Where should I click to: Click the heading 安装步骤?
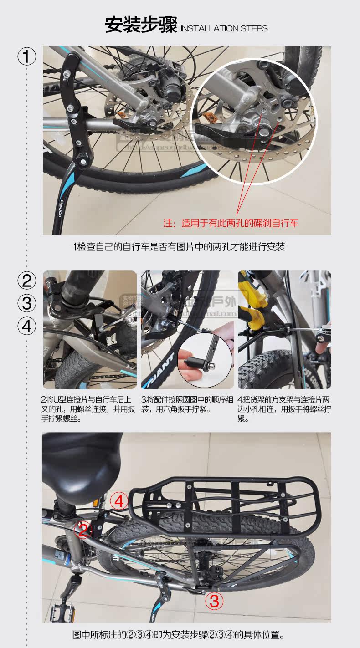140,25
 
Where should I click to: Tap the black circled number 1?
26,57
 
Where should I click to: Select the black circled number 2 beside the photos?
26,280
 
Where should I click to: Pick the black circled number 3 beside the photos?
26,303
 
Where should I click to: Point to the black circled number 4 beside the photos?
26,326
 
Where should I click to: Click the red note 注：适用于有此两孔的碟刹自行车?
231,223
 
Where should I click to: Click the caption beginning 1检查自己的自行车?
179,247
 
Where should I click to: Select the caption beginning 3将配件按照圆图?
186,404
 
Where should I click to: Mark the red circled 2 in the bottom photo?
83,530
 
